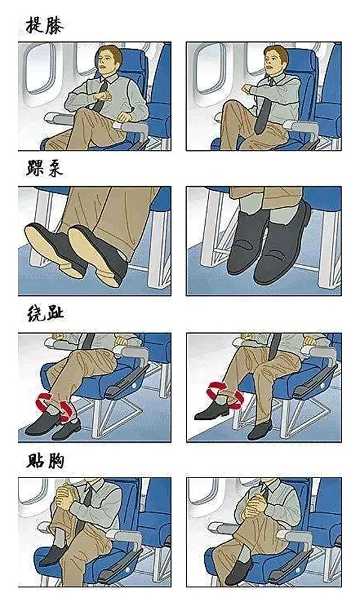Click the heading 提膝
coord(44,26)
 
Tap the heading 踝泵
coord(44,170)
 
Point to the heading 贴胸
coord(44,461)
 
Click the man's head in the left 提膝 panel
coord(109,60)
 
